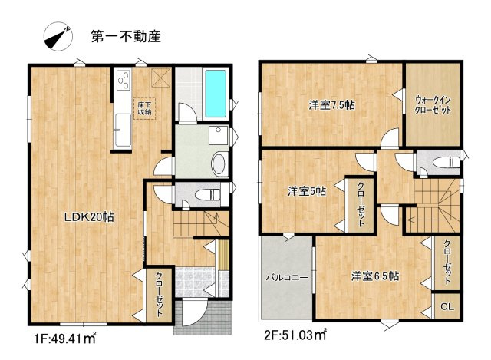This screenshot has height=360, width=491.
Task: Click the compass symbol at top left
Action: click(x=58, y=36)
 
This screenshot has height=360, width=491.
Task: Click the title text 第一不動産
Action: click(x=126, y=37)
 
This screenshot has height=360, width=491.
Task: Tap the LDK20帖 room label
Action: click(x=89, y=217)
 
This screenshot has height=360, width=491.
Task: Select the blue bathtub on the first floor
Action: click(x=216, y=94)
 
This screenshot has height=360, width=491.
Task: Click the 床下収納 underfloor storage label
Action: click(x=144, y=108)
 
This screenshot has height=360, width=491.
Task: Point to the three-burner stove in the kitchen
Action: click(x=124, y=80)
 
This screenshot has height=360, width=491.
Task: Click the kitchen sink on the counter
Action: click(x=123, y=130)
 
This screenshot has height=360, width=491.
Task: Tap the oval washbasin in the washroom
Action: click(x=220, y=164)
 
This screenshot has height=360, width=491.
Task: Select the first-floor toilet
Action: click(x=208, y=195)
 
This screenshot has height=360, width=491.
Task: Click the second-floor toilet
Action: click(x=447, y=162)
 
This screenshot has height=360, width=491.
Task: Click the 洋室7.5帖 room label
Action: click(x=332, y=105)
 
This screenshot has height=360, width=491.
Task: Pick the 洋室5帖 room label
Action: click(x=307, y=191)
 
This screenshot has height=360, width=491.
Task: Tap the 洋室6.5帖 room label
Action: click(x=375, y=276)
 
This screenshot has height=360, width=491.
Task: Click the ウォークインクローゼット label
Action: click(x=433, y=105)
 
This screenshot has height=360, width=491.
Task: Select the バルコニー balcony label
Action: click(x=288, y=278)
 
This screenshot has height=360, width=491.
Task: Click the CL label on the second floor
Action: click(x=447, y=307)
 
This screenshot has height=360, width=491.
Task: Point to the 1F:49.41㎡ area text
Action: click(x=64, y=338)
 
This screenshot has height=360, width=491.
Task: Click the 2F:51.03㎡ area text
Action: click(x=295, y=335)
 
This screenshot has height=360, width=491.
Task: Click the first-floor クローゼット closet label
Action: click(x=159, y=295)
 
